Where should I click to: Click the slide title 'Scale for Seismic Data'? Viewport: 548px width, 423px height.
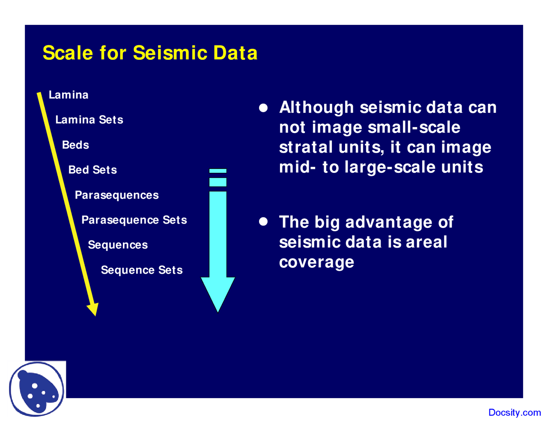click(150, 53)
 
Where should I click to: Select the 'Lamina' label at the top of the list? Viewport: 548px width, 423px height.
click(68, 95)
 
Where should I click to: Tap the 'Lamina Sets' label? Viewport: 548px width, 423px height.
click(89, 120)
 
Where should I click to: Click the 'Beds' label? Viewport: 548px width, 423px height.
click(75, 145)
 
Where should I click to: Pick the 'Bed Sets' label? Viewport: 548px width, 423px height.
click(92, 170)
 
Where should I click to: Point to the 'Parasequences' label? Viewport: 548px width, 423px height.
click(116, 195)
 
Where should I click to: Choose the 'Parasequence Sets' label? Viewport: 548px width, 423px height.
click(134, 220)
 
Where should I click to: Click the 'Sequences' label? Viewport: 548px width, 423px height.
click(118, 245)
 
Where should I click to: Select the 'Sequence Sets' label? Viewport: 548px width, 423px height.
click(142, 270)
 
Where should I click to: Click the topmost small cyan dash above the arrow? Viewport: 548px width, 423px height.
click(218, 171)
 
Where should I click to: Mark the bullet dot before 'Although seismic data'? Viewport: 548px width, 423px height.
click(263, 108)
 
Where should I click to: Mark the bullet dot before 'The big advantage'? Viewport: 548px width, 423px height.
click(263, 222)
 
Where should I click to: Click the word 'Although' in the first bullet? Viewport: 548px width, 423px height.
click(316, 108)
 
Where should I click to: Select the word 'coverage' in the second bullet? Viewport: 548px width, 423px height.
click(316, 262)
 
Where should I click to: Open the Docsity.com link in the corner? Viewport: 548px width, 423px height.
click(514, 413)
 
